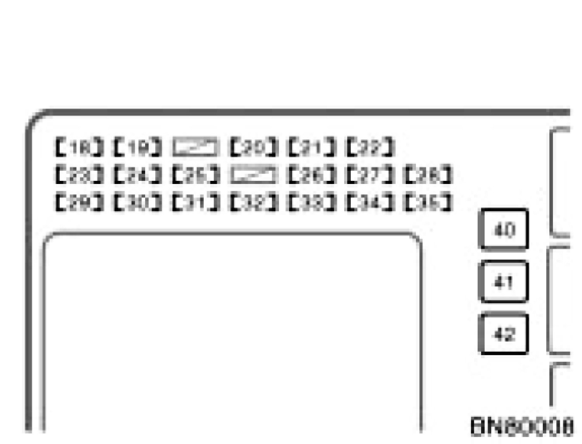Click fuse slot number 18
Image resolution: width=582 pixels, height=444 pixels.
80,147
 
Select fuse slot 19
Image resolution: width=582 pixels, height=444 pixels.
137,147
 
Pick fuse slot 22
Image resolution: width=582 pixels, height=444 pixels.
370,147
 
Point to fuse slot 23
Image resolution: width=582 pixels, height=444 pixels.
80,175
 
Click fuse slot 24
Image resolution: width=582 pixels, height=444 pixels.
137,175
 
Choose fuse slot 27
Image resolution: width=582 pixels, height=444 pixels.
370,175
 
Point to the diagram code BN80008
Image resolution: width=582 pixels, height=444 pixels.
522,427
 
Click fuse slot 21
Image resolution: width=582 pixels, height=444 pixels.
312,147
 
